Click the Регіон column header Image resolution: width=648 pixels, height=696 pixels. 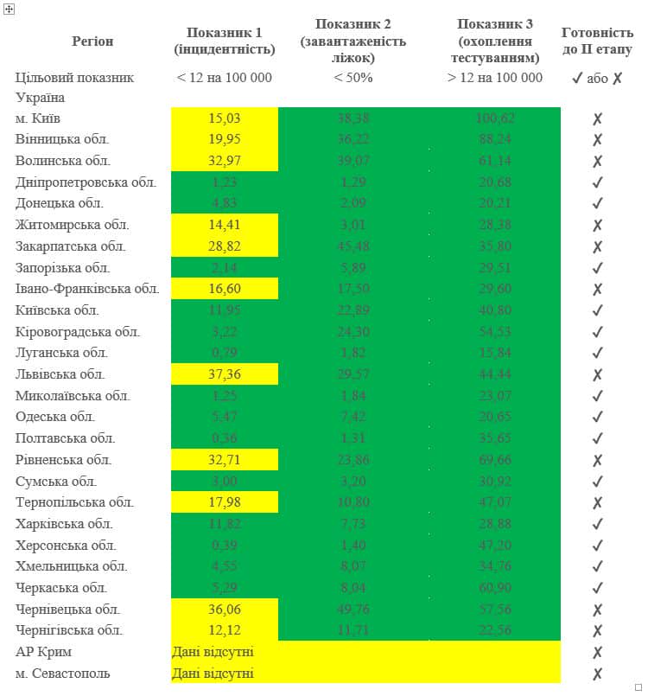92,42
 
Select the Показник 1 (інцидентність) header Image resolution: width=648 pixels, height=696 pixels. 225,41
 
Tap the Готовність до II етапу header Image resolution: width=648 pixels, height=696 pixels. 597,41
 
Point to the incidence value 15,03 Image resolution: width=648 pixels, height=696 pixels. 225,118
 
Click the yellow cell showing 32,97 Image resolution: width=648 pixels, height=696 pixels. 225,161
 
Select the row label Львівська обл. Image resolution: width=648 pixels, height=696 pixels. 60,374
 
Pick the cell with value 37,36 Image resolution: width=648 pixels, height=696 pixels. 225,374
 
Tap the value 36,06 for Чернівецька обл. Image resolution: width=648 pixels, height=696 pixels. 225,610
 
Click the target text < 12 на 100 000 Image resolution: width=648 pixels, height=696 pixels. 224,78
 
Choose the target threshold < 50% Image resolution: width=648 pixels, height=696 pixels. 353,78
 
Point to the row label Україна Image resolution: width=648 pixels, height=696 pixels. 40,98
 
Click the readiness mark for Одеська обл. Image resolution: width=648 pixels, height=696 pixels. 597,417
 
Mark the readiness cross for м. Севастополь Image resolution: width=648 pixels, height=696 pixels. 597,674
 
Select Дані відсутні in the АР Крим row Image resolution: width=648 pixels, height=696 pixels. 213,652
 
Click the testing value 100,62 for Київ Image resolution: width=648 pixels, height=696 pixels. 495,118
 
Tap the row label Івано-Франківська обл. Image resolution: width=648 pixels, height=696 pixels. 86,289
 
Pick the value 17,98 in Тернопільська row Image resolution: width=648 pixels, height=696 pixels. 225,502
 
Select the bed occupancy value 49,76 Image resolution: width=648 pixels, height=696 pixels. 353,610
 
